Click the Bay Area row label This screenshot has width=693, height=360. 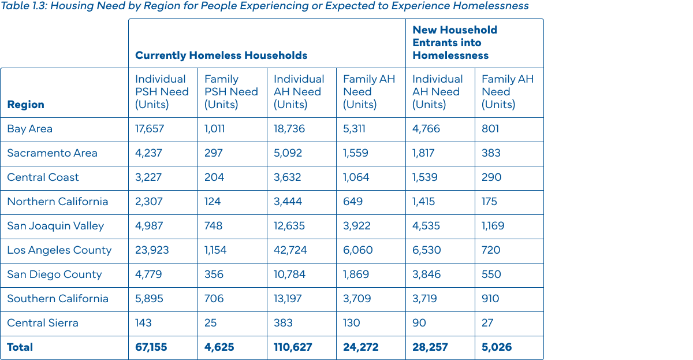tap(29, 129)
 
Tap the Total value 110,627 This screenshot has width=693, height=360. tap(293, 347)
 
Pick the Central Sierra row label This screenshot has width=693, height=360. tap(43, 323)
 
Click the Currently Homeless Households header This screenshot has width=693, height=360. tap(221, 55)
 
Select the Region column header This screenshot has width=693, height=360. tap(25, 105)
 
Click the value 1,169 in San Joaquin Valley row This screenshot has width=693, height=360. tap(493, 226)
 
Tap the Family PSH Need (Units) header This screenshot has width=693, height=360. tap(231, 92)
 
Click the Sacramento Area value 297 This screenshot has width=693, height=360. tap(214, 153)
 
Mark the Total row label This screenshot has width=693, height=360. tap(20, 347)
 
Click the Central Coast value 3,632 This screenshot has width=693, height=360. tap(288, 177)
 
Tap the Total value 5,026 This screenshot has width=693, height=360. tap(497, 347)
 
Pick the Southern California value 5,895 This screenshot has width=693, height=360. tap(149, 299)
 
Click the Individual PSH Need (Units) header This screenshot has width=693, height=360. tap(162, 92)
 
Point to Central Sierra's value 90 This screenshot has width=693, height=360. tap(420, 323)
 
